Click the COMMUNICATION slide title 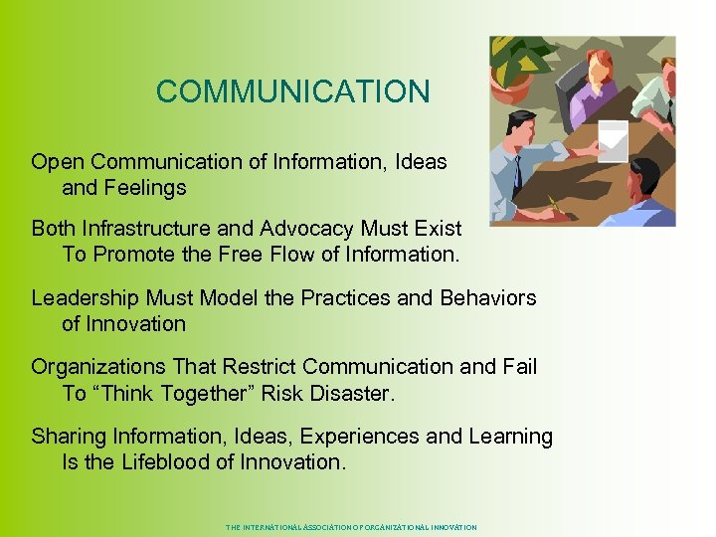coord(292,91)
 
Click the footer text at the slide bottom coord(351,527)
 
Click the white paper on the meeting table coord(613,140)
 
